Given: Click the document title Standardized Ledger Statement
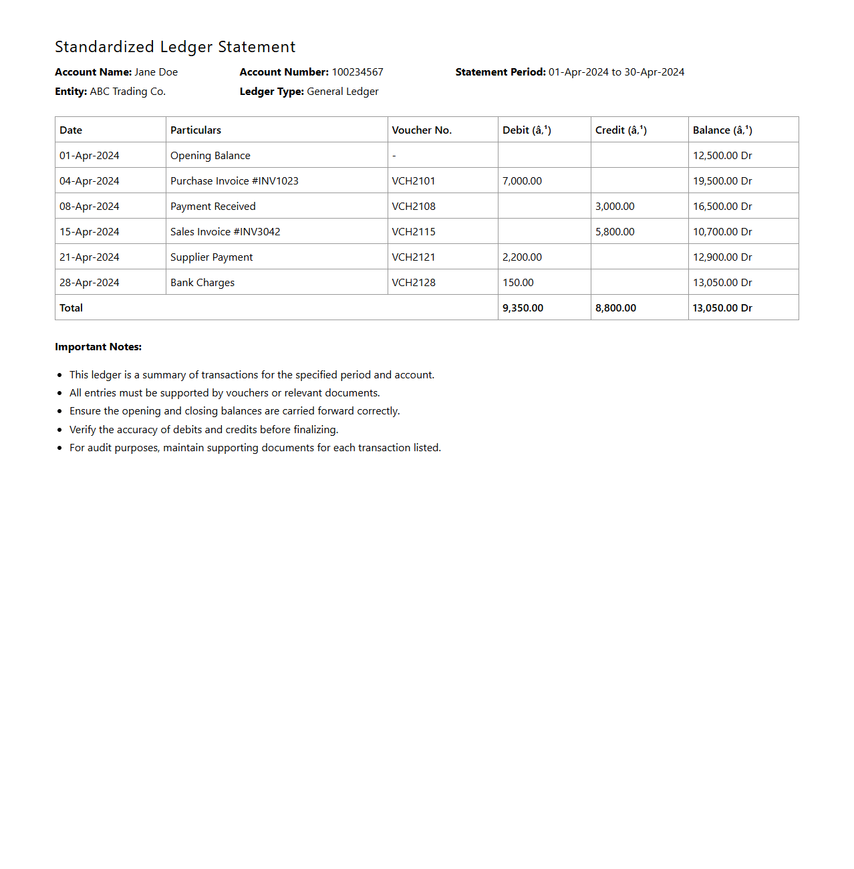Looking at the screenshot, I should [175, 47].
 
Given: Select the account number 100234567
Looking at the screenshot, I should [358, 72].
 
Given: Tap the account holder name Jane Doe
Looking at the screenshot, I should [156, 72].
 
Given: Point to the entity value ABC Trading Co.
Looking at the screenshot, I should [128, 92].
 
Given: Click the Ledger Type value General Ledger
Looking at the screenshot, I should [342, 92].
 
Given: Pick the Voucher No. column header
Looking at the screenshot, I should [422, 130].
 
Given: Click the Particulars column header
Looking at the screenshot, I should [196, 130].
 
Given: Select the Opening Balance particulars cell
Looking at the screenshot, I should [210, 156].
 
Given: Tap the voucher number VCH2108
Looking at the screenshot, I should [414, 207].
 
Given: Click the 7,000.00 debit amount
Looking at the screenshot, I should [523, 181].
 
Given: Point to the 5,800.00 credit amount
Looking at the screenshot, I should [615, 232].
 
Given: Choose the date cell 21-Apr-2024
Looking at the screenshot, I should [90, 257].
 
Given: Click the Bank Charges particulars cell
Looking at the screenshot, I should [202, 283].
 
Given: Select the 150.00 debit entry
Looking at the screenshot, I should [518, 283].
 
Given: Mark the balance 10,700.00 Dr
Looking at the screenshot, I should [722, 232].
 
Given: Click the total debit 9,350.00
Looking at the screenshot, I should [523, 308].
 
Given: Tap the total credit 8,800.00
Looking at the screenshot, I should [615, 308].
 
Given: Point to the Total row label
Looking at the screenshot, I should [71, 308].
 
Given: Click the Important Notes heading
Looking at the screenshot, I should [98, 347].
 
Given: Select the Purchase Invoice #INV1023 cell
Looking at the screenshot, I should [235, 181].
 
